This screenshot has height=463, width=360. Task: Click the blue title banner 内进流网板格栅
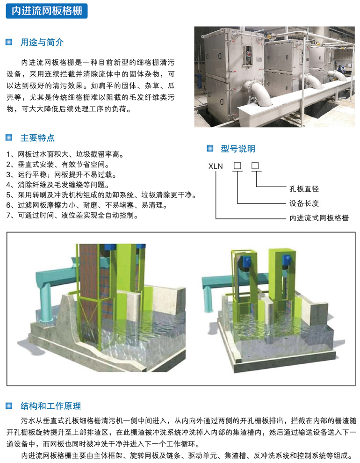tap(47, 11)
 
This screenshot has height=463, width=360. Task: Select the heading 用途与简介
tap(42, 42)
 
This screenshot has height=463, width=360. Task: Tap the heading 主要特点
tap(37, 137)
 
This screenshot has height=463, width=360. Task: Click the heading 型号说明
tap(238, 149)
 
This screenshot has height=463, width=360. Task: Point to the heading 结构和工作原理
tap(51, 406)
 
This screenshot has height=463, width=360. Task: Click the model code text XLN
tap(216, 166)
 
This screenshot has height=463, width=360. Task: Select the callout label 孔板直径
tap(304, 188)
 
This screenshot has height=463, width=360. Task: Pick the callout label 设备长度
tap(304, 203)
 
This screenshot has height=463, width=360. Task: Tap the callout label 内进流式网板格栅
tap(319, 218)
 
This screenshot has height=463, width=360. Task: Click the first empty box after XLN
tap(237, 166)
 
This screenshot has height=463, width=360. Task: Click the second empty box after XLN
tap(255, 166)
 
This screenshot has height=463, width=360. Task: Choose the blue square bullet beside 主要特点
tap(9, 137)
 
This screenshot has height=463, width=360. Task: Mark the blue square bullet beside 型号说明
tap(210, 148)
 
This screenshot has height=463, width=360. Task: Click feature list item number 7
tap(72, 215)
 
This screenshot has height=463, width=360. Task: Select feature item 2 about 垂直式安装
tap(58, 164)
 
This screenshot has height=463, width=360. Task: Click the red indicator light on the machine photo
tap(248, 54)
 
